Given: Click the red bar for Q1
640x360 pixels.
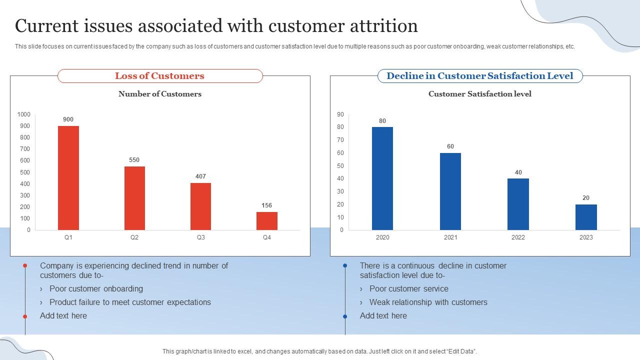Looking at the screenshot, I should [68, 177].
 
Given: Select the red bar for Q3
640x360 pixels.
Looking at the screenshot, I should [200, 206].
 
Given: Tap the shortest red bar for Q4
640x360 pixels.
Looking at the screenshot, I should [267, 220].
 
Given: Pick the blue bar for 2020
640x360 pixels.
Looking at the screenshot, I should [382, 178].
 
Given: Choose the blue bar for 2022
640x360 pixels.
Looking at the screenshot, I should [518, 204].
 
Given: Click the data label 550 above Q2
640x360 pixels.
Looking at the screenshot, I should [134, 160].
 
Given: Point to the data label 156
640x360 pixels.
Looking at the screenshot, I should [267, 205].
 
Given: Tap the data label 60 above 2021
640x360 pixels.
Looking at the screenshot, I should [450, 146].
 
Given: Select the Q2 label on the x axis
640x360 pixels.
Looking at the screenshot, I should [134, 237].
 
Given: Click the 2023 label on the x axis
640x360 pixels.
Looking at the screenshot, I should [586, 237].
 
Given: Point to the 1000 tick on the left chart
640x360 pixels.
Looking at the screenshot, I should [23, 114].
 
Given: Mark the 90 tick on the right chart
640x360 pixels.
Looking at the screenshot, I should [340, 114].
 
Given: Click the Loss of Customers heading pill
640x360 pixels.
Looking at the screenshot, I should [160, 76].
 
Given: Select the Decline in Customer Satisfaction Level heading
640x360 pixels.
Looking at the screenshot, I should [480, 76].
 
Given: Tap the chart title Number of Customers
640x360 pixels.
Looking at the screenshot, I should [160, 94].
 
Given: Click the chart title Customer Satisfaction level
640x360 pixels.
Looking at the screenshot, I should [480, 94].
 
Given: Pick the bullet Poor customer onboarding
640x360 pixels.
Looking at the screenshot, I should [96, 289].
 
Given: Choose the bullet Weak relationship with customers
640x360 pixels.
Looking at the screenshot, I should [428, 302].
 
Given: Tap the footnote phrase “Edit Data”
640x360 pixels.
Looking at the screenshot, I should [460, 351].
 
